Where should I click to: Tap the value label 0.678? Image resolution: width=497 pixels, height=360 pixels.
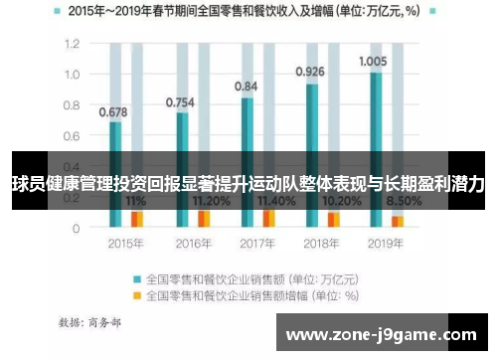[x=113, y=111]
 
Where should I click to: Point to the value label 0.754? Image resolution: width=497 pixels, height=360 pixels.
[x=179, y=101]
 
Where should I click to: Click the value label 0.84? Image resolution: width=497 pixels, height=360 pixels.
[x=246, y=87]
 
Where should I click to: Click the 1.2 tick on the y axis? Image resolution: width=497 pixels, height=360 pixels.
[x=71, y=45]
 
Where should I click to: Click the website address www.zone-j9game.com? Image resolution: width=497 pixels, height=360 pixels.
[x=381, y=335]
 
